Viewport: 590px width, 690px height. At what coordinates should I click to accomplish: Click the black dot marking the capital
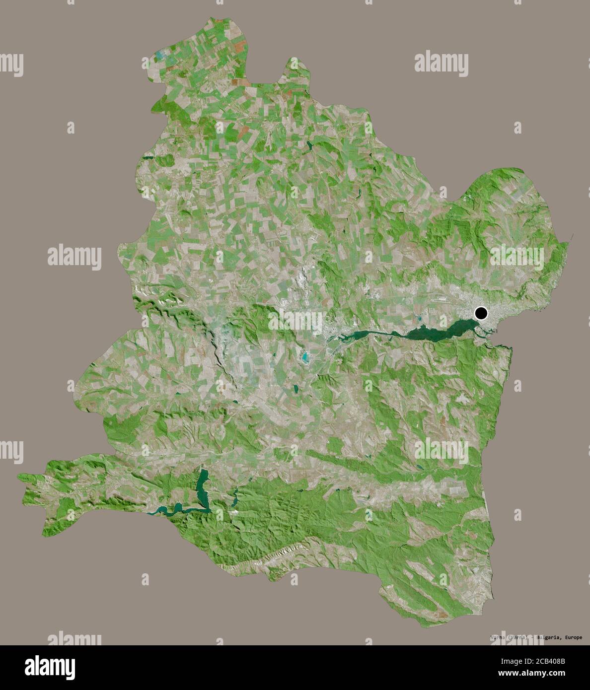coord(481,313)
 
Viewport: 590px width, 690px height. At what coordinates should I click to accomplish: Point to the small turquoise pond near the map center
coord(304,356)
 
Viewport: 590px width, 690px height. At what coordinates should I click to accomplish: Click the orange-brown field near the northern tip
coord(240,46)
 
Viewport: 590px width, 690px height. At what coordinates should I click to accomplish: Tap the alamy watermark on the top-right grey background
coord(441,64)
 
